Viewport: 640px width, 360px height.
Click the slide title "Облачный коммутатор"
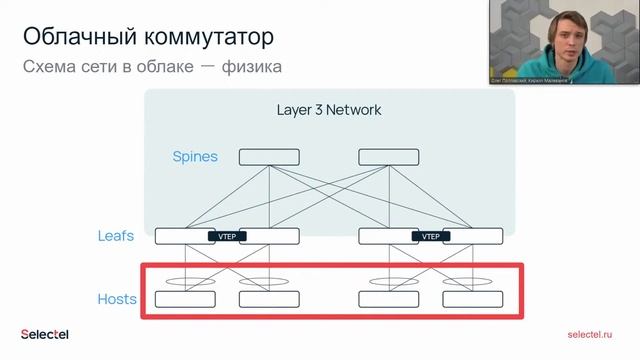(146, 38)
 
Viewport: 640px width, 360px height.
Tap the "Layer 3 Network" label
(329, 109)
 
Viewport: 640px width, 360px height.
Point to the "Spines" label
(195, 157)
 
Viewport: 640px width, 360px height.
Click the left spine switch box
(268, 157)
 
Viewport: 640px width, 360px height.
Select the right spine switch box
(389, 157)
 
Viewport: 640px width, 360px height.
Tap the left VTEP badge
(227, 237)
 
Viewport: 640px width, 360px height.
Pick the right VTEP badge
(431, 237)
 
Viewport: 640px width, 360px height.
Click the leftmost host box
(185, 299)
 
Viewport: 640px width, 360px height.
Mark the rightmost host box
(473, 299)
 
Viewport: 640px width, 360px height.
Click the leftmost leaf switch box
(181, 237)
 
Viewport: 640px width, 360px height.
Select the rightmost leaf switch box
(475, 237)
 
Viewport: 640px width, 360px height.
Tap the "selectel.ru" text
(588, 335)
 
